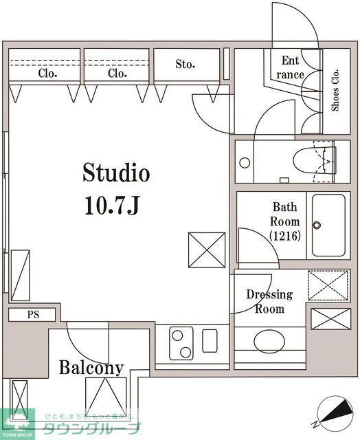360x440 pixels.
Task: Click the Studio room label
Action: coord(116,173)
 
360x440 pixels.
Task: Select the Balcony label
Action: coord(91,367)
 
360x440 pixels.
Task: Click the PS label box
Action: coord(33,315)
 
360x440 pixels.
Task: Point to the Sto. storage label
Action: coord(185,65)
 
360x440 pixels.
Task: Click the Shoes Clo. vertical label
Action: coord(336,89)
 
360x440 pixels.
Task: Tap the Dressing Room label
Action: coord(269,302)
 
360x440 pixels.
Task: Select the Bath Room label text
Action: coord(285,214)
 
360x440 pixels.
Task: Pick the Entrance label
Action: coord(291,68)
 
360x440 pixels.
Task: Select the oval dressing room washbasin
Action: coord(270,341)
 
